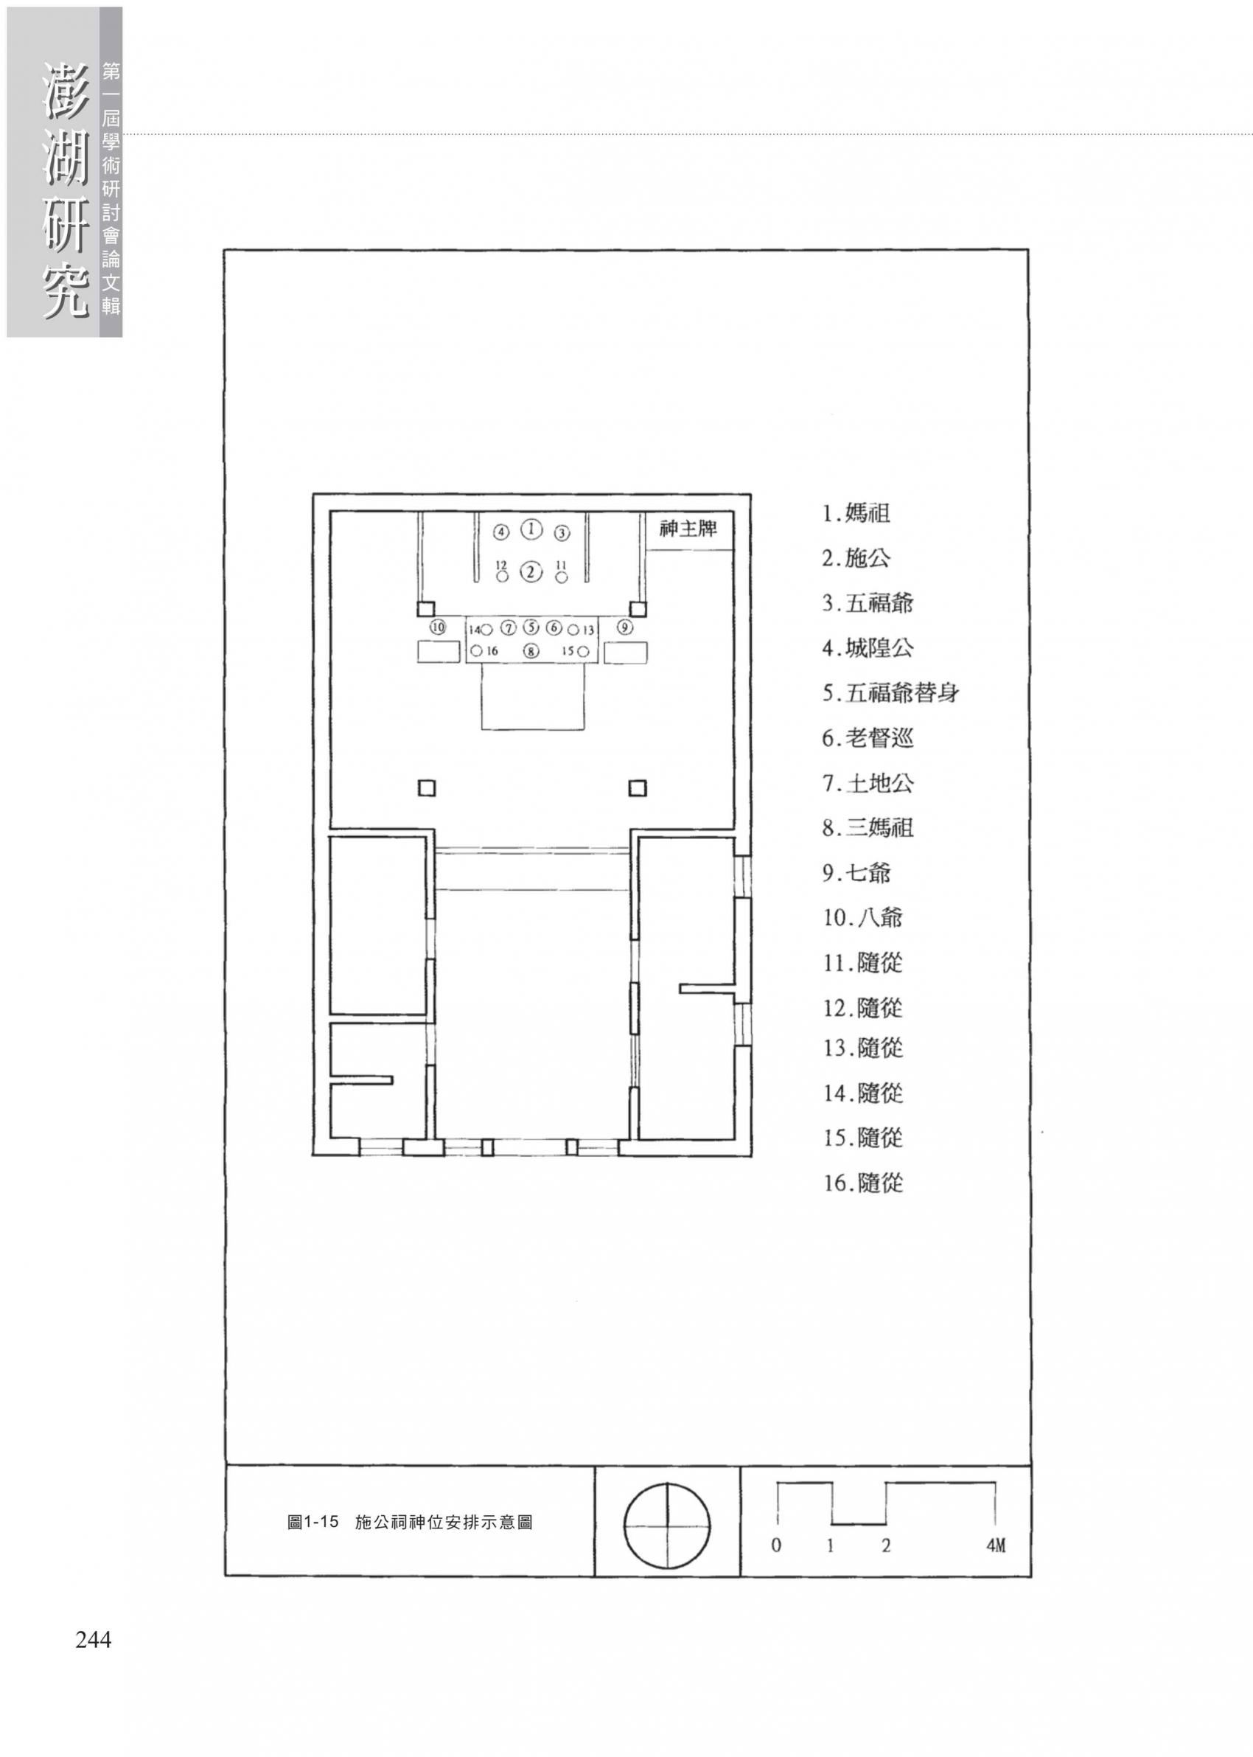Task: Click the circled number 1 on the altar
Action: [x=531, y=529]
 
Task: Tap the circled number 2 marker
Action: [x=531, y=571]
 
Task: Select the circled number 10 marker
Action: [x=439, y=627]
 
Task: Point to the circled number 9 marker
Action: [x=625, y=627]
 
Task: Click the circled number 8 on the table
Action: [x=531, y=651]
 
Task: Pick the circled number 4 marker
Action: [x=501, y=532]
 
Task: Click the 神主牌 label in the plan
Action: [x=688, y=529]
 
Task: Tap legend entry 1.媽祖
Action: [x=856, y=513]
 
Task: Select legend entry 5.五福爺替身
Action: [x=890, y=693]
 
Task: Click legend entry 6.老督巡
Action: [x=868, y=739]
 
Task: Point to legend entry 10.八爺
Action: [x=862, y=918]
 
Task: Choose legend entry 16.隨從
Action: [x=862, y=1183]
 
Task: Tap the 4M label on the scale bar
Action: [x=995, y=1545]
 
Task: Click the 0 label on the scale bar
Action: [x=776, y=1545]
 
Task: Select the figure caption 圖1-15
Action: [x=313, y=1523]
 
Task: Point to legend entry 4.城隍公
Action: [x=868, y=648]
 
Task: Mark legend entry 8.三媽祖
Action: [x=868, y=829]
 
